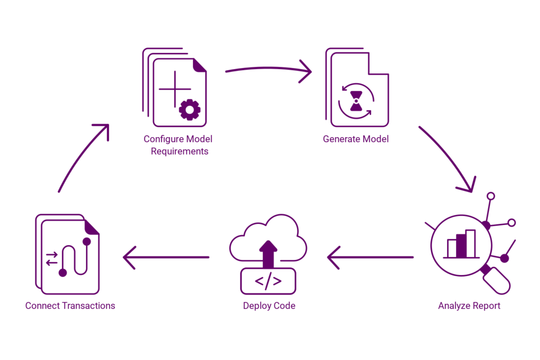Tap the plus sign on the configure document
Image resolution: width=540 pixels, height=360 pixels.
coord(175,89)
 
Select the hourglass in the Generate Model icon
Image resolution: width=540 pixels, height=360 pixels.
coord(357,101)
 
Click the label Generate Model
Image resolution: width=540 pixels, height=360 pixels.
coord(355,139)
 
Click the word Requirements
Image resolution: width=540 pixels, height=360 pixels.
coord(180,151)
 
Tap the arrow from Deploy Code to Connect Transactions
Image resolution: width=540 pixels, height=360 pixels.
coord(166,257)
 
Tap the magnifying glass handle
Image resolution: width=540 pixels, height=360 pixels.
coord(498,280)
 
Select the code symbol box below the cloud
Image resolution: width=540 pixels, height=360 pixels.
coord(268,281)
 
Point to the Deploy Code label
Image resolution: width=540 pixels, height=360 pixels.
coord(269,306)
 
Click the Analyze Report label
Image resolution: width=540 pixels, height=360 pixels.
coord(469,306)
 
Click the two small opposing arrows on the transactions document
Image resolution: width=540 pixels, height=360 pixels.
coord(52,258)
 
